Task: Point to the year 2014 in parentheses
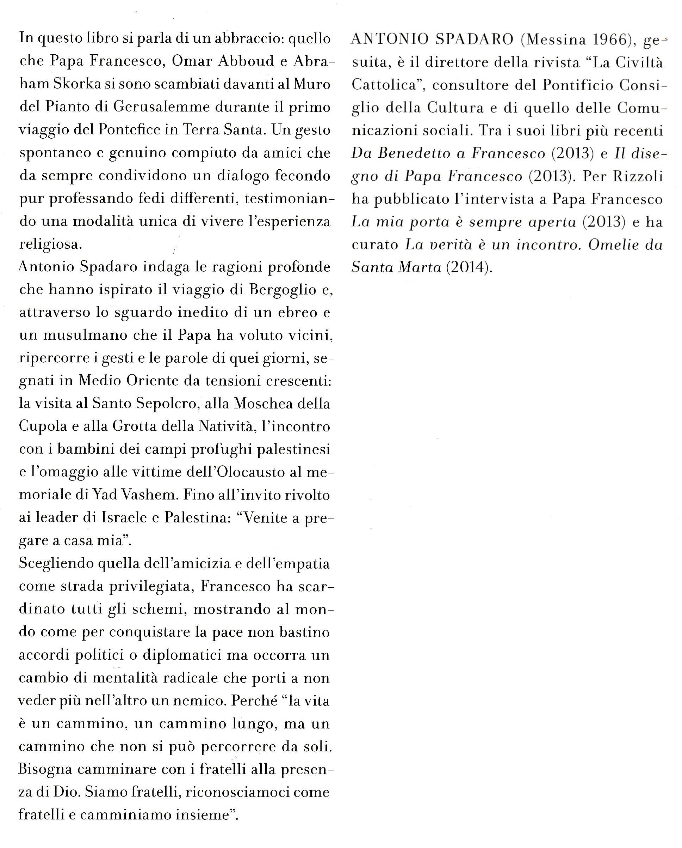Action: coord(467,268)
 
